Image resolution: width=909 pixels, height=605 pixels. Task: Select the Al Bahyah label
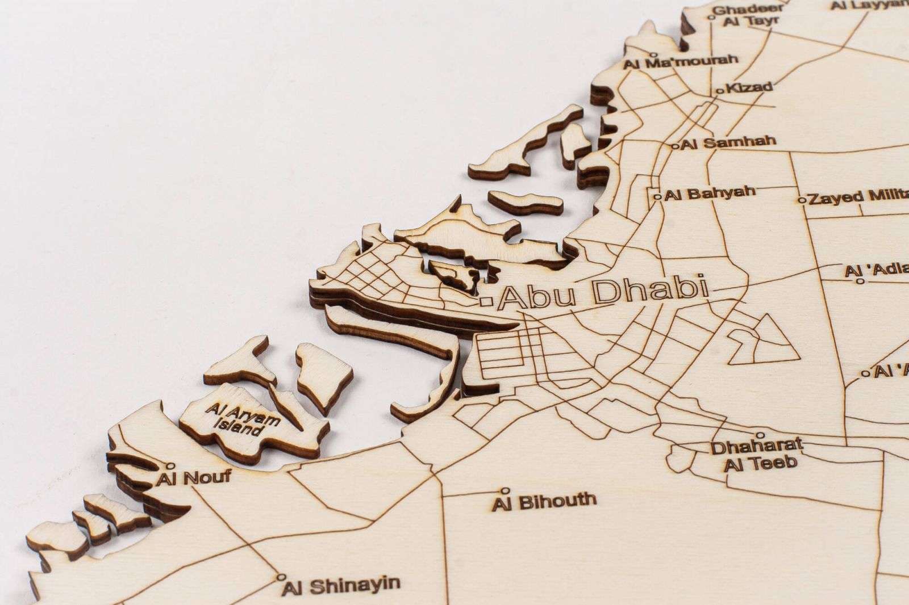(710, 193)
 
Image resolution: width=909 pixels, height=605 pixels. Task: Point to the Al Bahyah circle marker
(657, 197)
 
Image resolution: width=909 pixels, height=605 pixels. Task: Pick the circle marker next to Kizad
(721, 91)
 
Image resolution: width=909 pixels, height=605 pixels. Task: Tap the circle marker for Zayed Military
(802, 200)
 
